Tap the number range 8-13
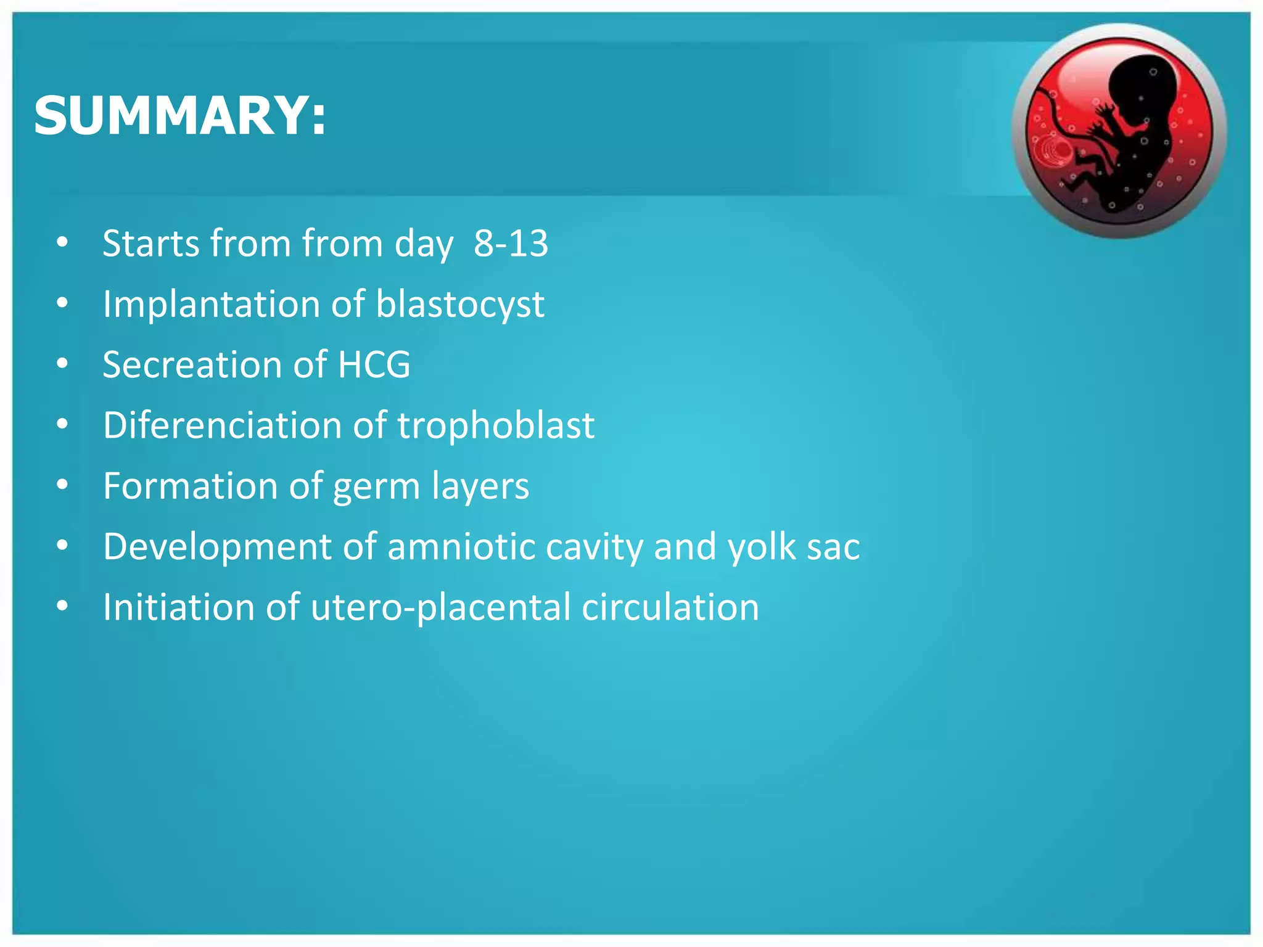511,243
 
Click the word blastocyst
460,304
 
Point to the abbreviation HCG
374,364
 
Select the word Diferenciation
223,425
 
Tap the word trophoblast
496,425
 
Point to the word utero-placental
440,607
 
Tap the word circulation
670,607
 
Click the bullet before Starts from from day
62,243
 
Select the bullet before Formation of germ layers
62,485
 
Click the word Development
218,546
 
